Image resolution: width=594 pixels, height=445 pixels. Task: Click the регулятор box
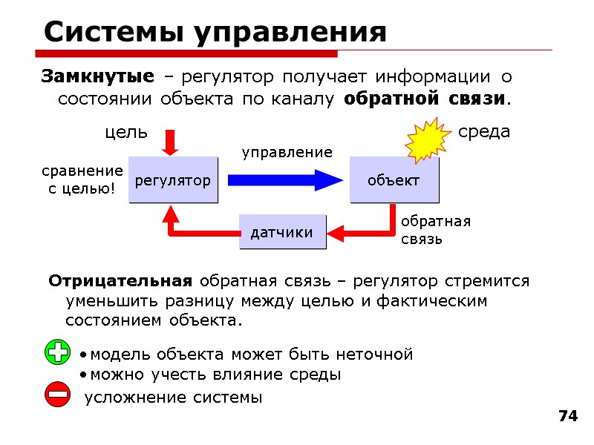[x=173, y=180]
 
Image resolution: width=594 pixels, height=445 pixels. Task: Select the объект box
[x=394, y=180]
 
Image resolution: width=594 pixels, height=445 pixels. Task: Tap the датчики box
[x=281, y=232]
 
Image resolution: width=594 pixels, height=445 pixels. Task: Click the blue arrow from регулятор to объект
[x=284, y=180]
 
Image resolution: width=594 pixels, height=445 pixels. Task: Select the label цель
[x=125, y=133]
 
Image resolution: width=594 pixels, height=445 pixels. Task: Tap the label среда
[x=484, y=132]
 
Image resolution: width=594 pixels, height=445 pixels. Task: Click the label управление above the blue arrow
[x=287, y=153]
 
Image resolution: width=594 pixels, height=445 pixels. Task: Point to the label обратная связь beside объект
[x=436, y=230]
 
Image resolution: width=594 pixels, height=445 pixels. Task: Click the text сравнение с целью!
[x=82, y=180]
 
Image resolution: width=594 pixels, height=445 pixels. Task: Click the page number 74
[x=567, y=416]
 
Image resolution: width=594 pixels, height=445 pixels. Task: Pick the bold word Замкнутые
[x=97, y=76]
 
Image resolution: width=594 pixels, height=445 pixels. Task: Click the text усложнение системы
[x=174, y=398]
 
